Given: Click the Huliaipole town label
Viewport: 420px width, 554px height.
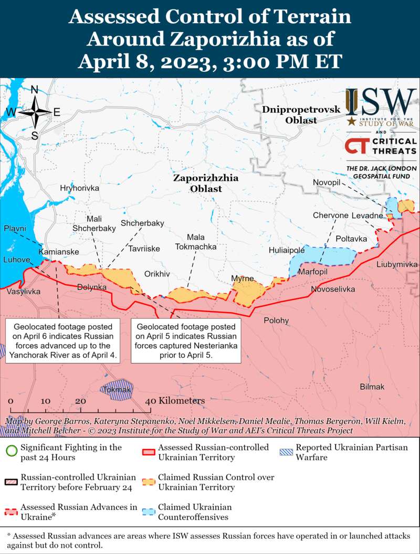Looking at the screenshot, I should click(x=287, y=250).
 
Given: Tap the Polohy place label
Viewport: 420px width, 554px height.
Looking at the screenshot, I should click(x=276, y=320).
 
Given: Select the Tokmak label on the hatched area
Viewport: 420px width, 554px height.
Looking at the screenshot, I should click(x=117, y=390).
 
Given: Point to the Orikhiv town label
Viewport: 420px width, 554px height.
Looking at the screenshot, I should click(x=157, y=274).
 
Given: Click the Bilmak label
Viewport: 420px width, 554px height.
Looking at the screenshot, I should click(x=372, y=387).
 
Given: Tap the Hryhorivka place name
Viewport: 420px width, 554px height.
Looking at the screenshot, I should click(x=79, y=188).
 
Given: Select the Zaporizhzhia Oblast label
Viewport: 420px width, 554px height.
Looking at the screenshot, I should click(x=206, y=183).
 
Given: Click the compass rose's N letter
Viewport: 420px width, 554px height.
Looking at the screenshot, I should click(x=35, y=90).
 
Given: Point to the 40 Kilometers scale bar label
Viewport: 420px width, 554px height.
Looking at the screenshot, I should click(x=175, y=401).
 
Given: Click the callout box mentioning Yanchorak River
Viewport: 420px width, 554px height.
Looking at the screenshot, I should click(x=63, y=340).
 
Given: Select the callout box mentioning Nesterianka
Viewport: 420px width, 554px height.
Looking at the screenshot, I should click(x=186, y=340).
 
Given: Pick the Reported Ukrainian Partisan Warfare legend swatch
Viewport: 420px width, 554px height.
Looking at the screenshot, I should click(x=287, y=452).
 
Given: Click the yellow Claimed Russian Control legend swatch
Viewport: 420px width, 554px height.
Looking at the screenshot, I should click(x=149, y=482).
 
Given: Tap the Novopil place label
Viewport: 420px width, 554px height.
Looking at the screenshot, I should click(x=327, y=182).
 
